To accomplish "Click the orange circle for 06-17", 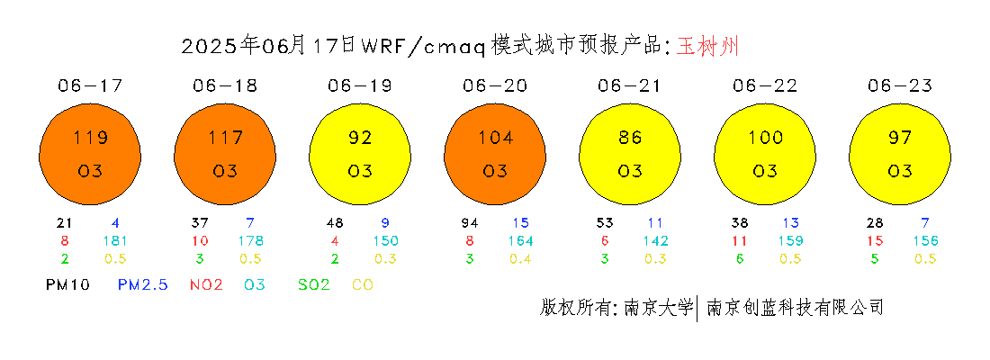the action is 90,154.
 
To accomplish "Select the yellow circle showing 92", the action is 360,154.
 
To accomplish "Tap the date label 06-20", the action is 495,85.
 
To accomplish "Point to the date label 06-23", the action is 900,85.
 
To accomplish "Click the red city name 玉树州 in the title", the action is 707,46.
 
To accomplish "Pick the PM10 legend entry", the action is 67,284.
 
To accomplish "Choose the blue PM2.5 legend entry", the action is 143,284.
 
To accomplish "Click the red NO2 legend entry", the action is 206,284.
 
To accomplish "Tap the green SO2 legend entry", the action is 314,284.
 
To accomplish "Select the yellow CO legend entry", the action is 363,284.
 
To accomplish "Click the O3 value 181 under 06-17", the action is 115,240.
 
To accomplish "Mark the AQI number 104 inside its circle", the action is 495,138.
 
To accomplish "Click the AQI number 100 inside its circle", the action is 765,138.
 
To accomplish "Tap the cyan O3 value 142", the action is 655,240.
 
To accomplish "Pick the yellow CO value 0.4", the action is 520,258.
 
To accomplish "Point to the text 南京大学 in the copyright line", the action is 658,307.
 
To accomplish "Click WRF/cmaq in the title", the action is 423,47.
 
